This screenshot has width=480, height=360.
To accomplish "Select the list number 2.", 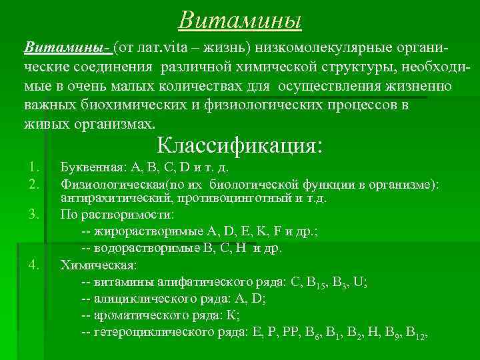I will tap(35, 183).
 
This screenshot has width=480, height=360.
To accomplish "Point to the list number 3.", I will tap(35, 215).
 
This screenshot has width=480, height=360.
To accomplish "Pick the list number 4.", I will tap(35, 265).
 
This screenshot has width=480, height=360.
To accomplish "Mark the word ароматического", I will tap(138, 315).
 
